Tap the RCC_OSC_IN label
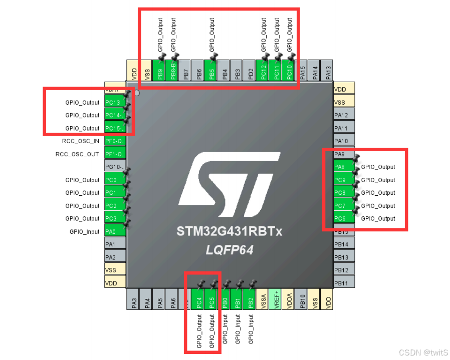[81, 141]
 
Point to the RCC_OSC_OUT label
[77, 154]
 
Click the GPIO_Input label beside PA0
[85, 232]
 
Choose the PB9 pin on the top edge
[160, 68]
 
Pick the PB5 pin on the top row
[212, 68]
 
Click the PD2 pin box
[251, 68]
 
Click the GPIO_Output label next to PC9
[378, 180]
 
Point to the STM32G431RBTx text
[229, 232]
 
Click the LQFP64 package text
[229, 249]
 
